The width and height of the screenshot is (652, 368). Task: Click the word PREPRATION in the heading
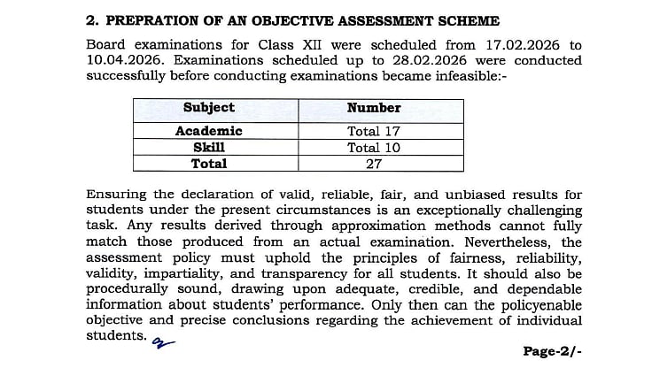156,20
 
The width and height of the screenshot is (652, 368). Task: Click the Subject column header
208,108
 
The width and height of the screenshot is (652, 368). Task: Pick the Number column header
374,108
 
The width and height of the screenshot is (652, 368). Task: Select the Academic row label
208,131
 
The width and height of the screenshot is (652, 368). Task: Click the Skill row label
208,147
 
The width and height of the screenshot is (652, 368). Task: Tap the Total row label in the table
209,163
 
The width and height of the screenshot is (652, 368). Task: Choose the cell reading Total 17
374,131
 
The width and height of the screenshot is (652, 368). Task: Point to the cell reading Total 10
374,147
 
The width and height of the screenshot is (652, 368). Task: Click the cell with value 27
374,163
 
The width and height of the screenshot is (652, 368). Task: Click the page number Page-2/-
553,350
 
